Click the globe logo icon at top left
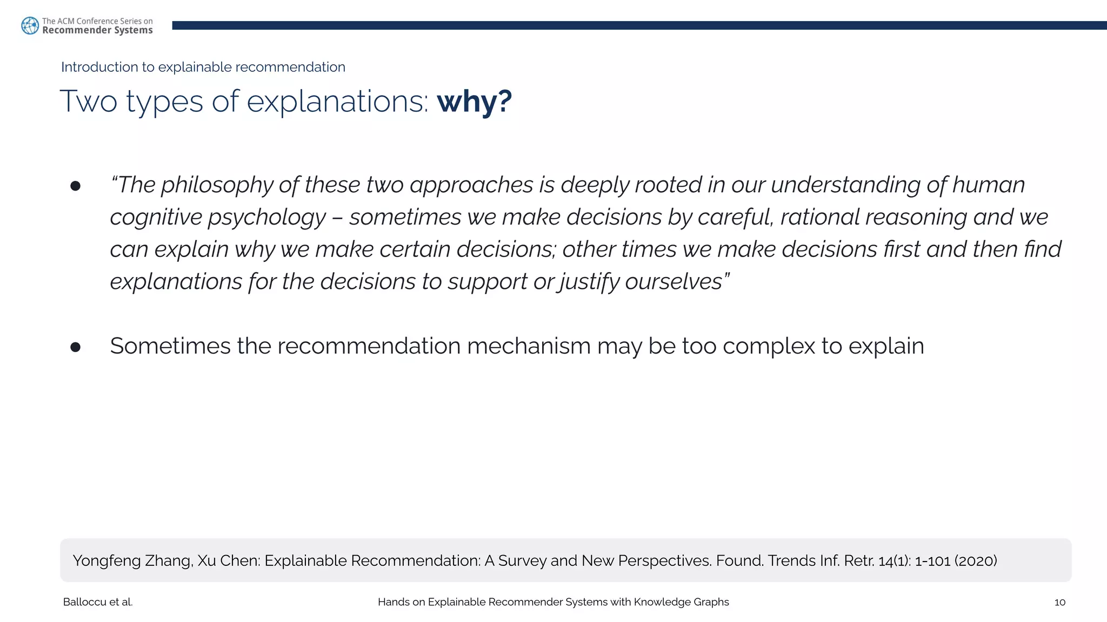(30, 25)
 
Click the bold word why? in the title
(474, 102)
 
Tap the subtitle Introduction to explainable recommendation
(203, 67)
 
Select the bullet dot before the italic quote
(75, 186)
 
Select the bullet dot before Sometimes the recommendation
(75, 347)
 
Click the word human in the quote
(988, 185)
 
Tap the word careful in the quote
(730, 217)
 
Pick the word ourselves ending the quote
(673, 282)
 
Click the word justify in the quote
(589, 282)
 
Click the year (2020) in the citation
(976, 561)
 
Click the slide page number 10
(1059, 603)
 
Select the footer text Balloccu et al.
(98, 603)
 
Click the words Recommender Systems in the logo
(97, 31)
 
